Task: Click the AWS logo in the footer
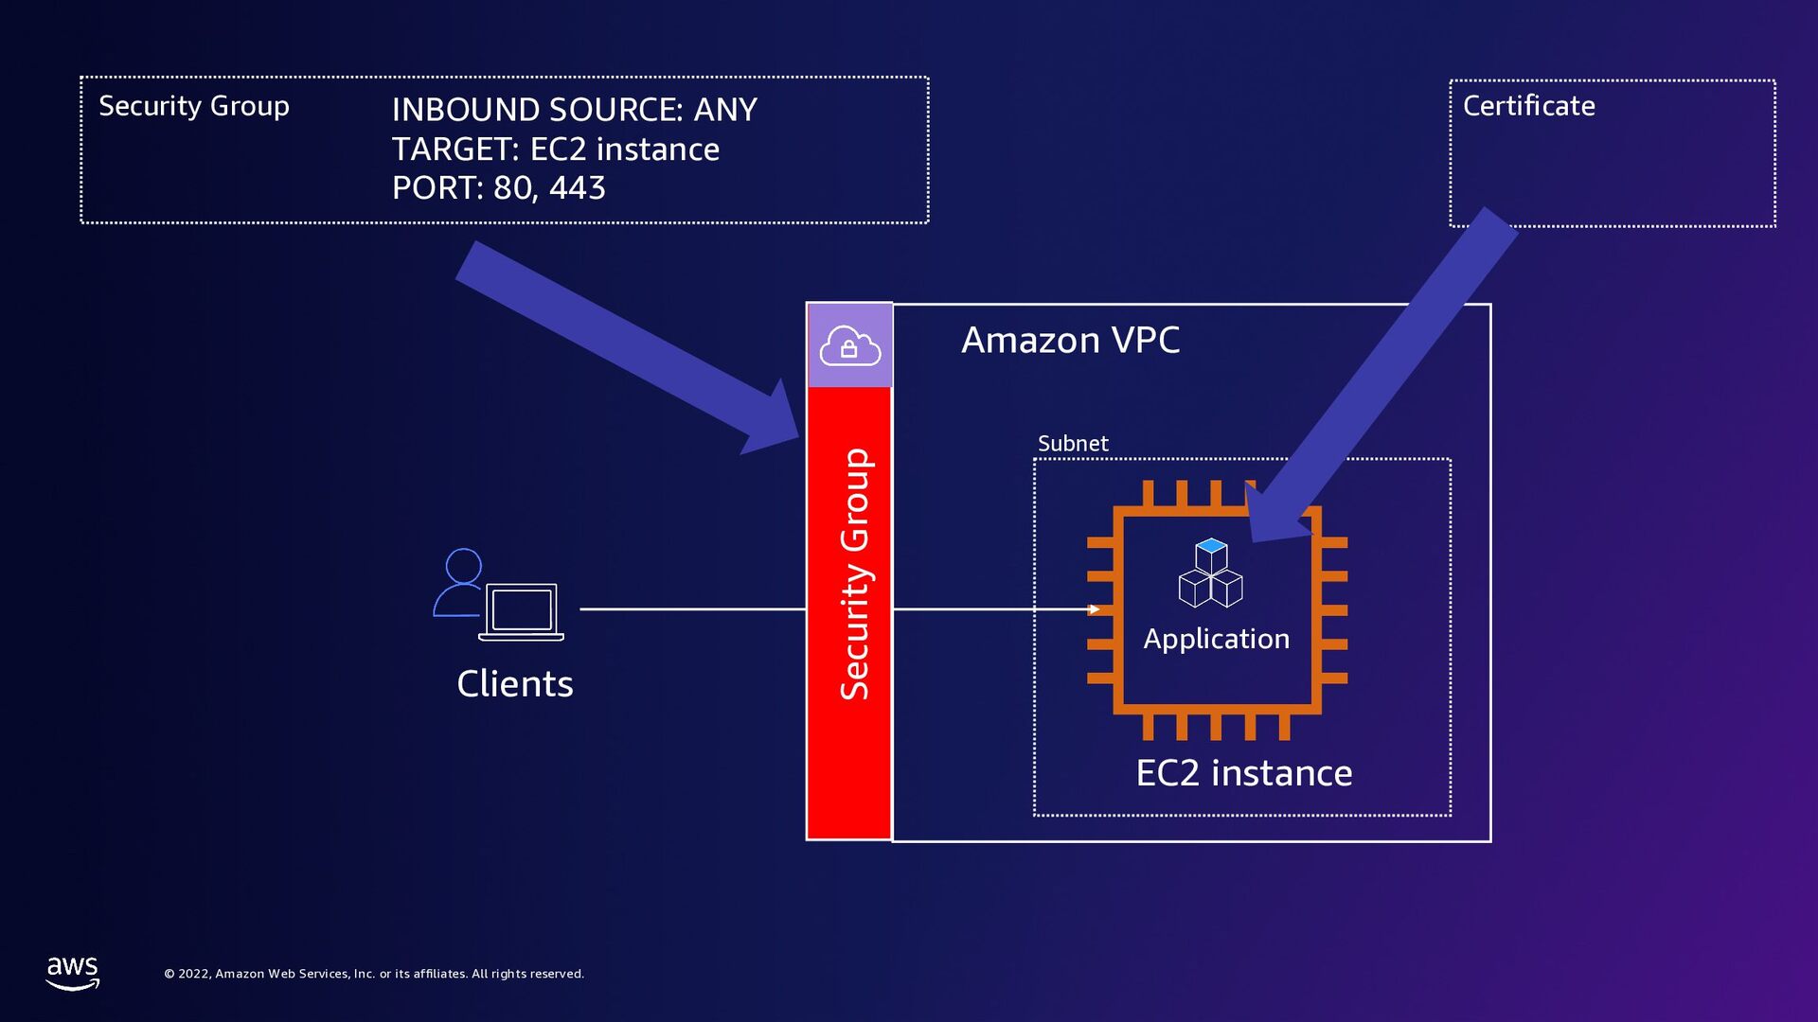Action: pos(73,972)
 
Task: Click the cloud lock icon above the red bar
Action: pos(849,345)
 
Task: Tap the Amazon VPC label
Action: pos(1070,340)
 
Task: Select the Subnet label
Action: pos(1073,443)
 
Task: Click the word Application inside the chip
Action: pos(1216,639)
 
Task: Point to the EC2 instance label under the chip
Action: pos(1243,773)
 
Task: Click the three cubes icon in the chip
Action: pos(1210,573)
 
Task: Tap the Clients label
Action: pos(514,683)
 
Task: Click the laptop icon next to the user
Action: pos(522,611)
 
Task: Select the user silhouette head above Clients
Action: pos(463,566)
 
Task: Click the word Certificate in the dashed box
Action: pos(1528,105)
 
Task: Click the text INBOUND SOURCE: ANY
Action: pos(574,110)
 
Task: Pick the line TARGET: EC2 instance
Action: pos(555,150)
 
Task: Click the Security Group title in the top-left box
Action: pos(193,106)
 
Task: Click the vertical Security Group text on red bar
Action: pos(854,573)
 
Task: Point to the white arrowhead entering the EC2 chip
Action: pos(1094,609)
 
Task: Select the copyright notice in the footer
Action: pos(374,974)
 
